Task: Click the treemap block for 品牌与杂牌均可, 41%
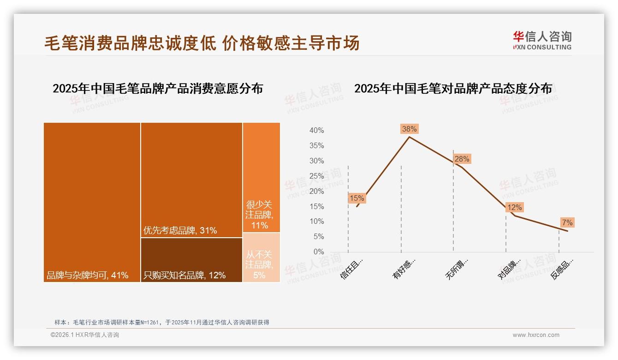click(x=92, y=202)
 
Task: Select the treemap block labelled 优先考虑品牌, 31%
click(x=191, y=180)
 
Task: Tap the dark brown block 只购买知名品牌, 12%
click(x=191, y=260)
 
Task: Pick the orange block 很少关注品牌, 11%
click(x=261, y=178)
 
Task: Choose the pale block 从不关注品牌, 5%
click(x=261, y=258)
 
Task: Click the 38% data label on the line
click(x=409, y=129)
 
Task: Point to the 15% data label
click(x=357, y=198)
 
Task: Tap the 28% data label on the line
click(x=462, y=159)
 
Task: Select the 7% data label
click(x=567, y=223)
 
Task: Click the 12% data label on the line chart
click(x=514, y=208)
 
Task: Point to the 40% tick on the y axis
click(x=316, y=131)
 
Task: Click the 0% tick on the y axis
click(x=318, y=252)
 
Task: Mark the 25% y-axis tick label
click(x=316, y=176)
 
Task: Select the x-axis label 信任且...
click(x=352, y=268)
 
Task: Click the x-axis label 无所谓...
click(x=457, y=269)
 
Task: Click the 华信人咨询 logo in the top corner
click(x=542, y=41)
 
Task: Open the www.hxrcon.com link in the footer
click(x=536, y=335)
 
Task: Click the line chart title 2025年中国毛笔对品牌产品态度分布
click(x=453, y=89)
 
